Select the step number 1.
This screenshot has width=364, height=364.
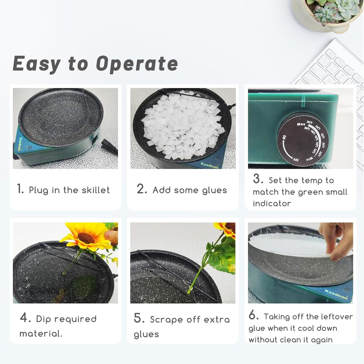click(20, 189)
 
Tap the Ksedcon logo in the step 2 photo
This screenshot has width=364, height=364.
click(209, 165)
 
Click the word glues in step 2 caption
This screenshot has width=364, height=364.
click(214, 190)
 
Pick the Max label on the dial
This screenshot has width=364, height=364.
click(301, 124)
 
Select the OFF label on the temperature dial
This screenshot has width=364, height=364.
click(295, 159)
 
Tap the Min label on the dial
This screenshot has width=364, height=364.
click(310, 159)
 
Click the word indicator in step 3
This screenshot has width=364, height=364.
click(272, 204)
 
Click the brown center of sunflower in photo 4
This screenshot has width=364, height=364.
click(86, 238)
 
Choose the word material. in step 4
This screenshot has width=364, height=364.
click(41, 334)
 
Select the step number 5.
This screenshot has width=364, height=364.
click(139, 318)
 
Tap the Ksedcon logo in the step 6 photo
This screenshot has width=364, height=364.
click(336, 294)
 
